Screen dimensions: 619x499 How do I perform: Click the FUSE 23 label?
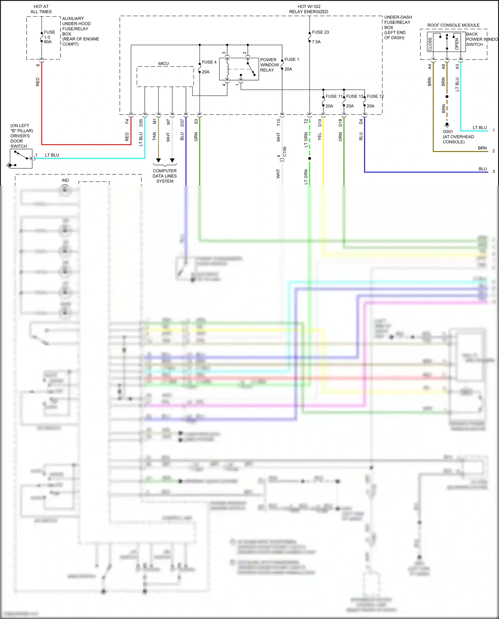click(320, 32)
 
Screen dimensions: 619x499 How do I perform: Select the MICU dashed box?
click(165, 76)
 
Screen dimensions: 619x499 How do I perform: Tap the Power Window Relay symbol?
click(239, 69)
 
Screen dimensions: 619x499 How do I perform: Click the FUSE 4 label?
click(209, 62)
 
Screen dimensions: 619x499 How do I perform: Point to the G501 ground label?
click(448, 132)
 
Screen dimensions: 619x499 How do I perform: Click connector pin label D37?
click(182, 122)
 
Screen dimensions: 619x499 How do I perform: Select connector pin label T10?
click(279, 122)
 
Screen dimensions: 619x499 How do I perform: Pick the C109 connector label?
click(285, 152)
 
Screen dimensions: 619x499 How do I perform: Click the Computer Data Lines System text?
click(165, 176)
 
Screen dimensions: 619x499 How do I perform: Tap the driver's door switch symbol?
click(21, 159)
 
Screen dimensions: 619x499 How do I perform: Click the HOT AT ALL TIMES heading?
click(41, 9)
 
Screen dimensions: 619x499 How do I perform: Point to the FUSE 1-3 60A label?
click(49, 37)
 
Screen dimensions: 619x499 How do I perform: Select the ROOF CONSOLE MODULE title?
click(453, 25)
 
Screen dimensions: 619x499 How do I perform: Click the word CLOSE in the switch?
click(430, 44)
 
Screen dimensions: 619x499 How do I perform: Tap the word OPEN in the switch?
click(457, 44)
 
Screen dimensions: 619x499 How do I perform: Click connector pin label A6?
click(443, 67)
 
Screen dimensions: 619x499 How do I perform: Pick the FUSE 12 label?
click(375, 96)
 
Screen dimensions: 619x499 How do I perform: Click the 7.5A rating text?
click(316, 42)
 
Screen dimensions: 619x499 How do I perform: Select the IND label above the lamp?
click(65, 180)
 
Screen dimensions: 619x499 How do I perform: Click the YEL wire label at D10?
click(320, 136)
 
